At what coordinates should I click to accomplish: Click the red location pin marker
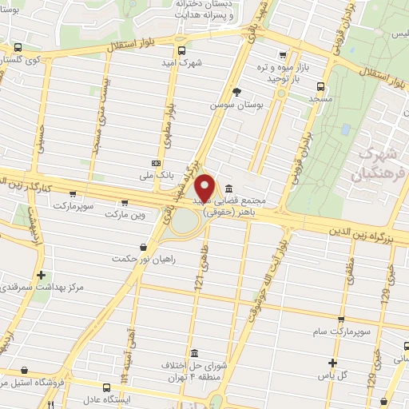pos(206,189)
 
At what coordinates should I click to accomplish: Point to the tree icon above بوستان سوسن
pos(236,92)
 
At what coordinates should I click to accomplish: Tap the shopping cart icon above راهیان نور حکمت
pos(143,247)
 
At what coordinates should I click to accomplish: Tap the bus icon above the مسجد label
pos(320,87)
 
